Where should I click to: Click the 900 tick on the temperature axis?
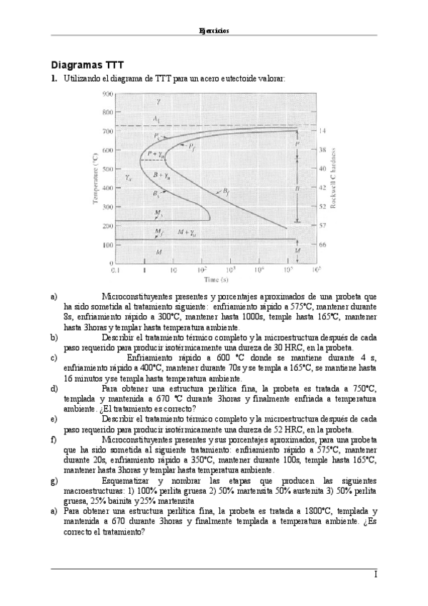(x=107, y=94)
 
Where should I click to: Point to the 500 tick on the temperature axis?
(x=107, y=169)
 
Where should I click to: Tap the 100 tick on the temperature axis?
(x=107, y=244)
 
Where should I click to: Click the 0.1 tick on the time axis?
(x=114, y=271)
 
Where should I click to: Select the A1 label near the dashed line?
(x=156, y=117)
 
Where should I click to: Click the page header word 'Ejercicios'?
(x=214, y=31)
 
